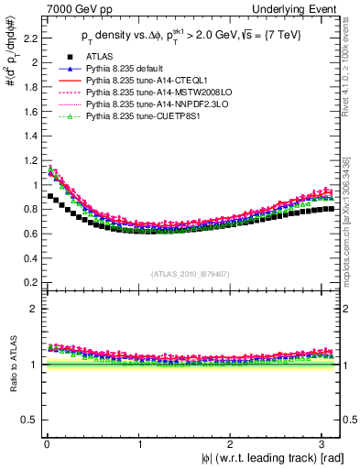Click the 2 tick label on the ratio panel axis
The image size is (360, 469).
tap(29, 309)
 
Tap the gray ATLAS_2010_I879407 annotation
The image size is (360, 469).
tap(191, 273)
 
